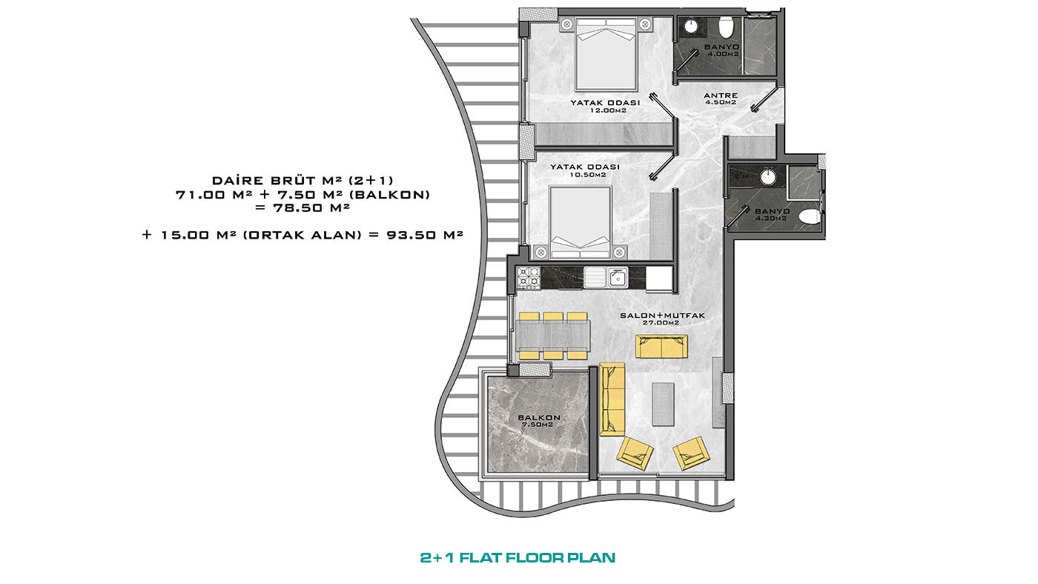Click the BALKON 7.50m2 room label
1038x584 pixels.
[x=539, y=420]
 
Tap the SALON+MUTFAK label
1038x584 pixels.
[x=662, y=316]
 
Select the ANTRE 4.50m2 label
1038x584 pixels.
[x=721, y=99]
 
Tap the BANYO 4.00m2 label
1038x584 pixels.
[x=721, y=50]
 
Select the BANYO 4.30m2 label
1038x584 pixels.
[x=772, y=214]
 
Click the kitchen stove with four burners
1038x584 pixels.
[x=528, y=277]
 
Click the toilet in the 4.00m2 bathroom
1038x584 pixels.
[x=725, y=27]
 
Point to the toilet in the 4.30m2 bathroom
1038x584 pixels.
[x=811, y=216]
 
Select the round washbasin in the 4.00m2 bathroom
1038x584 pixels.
[x=691, y=27]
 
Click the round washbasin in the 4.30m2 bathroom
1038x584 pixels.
[x=768, y=177]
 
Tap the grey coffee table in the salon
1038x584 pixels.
[x=663, y=404]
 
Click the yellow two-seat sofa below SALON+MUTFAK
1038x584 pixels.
[x=661, y=347]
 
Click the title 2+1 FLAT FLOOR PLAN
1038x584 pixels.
[x=518, y=557]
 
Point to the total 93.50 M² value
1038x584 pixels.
[x=425, y=235]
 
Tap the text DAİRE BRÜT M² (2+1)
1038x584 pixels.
[x=303, y=180]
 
